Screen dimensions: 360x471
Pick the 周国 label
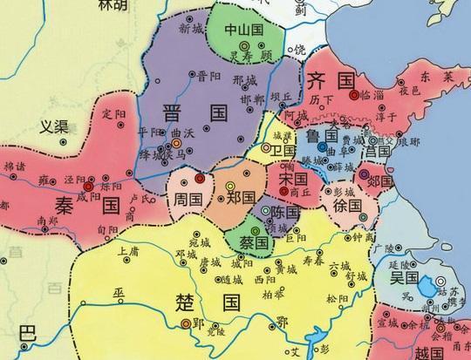coord(187,199)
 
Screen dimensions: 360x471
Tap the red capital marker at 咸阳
coord(88,185)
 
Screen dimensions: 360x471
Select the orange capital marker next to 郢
coord(185,324)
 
